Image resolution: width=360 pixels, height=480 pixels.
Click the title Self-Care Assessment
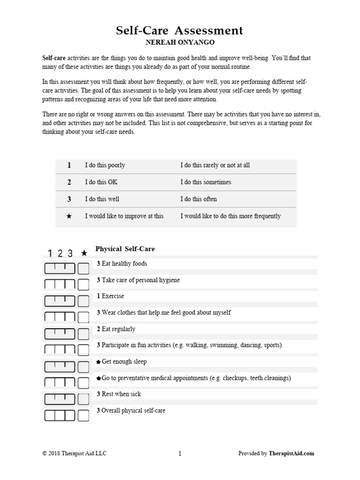180,31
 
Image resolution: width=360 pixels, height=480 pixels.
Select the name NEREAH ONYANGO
180,43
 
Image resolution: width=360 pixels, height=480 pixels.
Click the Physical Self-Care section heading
125,249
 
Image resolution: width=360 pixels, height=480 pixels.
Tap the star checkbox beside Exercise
83,301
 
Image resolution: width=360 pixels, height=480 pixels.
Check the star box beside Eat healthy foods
83,269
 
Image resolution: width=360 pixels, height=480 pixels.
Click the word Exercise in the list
113,296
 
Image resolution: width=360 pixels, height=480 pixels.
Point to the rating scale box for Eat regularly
60,334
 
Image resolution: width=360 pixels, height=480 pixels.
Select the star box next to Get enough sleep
83,367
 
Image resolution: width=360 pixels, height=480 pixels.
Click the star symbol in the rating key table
69,216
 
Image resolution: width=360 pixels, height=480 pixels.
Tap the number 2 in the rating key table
69,182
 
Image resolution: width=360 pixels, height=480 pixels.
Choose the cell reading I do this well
102,199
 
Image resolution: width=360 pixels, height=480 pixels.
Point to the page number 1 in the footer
180,453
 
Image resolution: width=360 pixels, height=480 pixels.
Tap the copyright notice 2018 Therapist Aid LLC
71,453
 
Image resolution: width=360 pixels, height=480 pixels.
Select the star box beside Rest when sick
83,399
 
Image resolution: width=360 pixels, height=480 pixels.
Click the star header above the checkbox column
84,253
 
